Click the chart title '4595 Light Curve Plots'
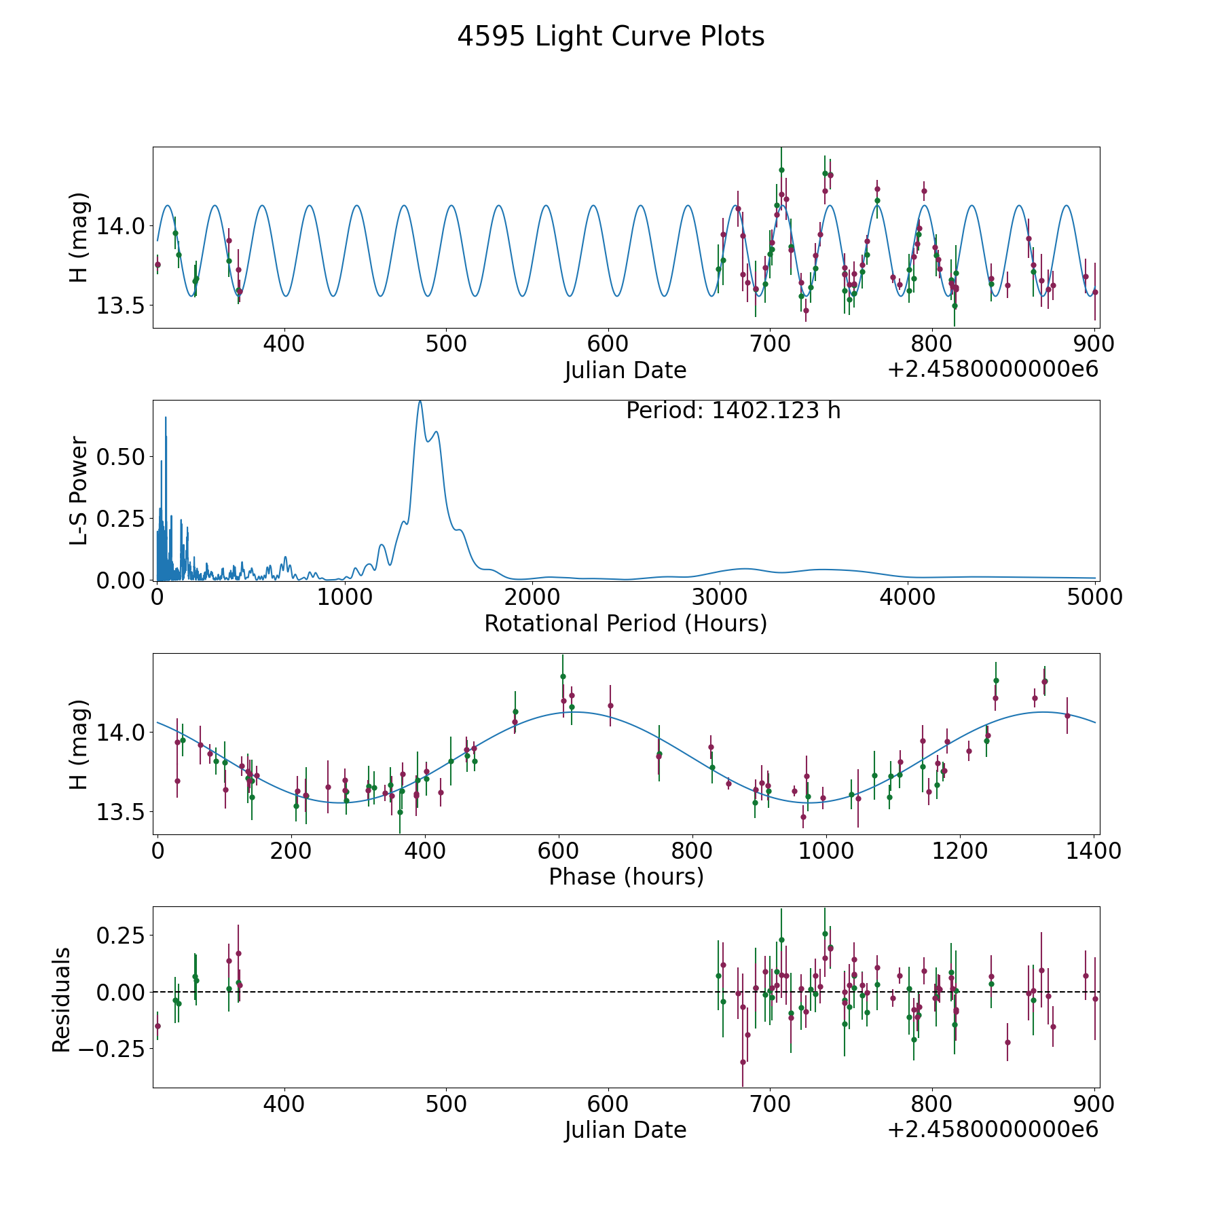(610, 37)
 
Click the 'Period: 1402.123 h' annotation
(733, 411)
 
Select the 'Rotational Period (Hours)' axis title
(625, 623)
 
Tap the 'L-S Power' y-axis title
(79, 491)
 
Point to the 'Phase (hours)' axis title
(626, 876)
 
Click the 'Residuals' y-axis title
(62, 1000)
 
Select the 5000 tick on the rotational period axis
(1095, 597)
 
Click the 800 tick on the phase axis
(692, 851)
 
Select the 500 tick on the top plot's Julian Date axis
(446, 344)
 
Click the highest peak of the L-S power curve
(420, 401)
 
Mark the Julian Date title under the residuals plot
(625, 1130)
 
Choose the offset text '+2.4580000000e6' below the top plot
(993, 369)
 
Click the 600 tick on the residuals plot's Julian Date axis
(608, 1105)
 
